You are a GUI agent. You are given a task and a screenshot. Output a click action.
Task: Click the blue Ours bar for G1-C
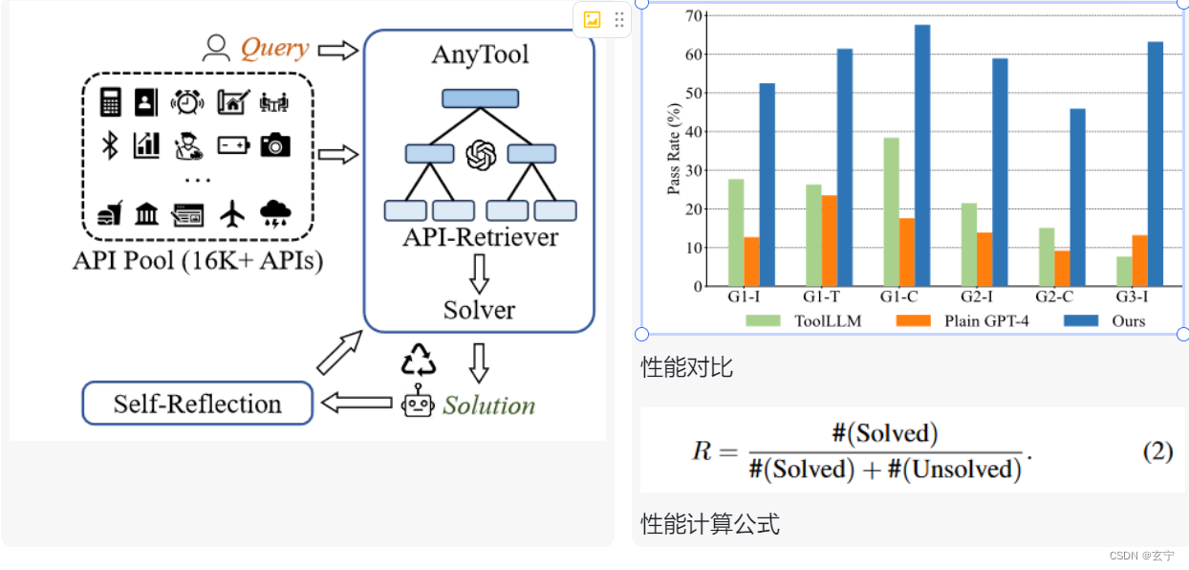pyautogui.click(x=921, y=155)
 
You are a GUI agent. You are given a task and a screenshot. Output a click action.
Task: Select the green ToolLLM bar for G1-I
pyautogui.click(x=736, y=232)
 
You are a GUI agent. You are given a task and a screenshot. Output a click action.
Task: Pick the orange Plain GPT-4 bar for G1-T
pyautogui.click(x=829, y=240)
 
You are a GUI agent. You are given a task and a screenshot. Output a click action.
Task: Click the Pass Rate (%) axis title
pyautogui.click(x=674, y=151)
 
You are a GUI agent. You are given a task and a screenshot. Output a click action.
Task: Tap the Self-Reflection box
pyautogui.click(x=198, y=404)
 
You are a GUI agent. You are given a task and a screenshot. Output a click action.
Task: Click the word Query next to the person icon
pyautogui.click(x=274, y=48)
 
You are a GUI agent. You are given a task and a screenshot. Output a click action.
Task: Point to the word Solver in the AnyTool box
pyautogui.click(x=479, y=310)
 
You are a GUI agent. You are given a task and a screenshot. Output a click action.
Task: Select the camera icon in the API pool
pyautogui.click(x=275, y=145)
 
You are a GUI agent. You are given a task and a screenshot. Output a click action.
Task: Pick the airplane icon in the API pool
pyautogui.click(x=232, y=213)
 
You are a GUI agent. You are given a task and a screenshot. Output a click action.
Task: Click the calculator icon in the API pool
pyautogui.click(x=111, y=102)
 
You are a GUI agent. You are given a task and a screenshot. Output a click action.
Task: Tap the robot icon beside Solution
pyautogui.click(x=418, y=405)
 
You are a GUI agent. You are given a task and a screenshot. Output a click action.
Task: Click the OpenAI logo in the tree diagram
pyautogui.click(x=481, y=154)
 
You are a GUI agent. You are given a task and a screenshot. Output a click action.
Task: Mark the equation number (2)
pyautogui.click(x=1157, y=451)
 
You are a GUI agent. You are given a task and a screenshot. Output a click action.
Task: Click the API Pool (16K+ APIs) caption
pyautogui.click(x=198, y=260)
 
